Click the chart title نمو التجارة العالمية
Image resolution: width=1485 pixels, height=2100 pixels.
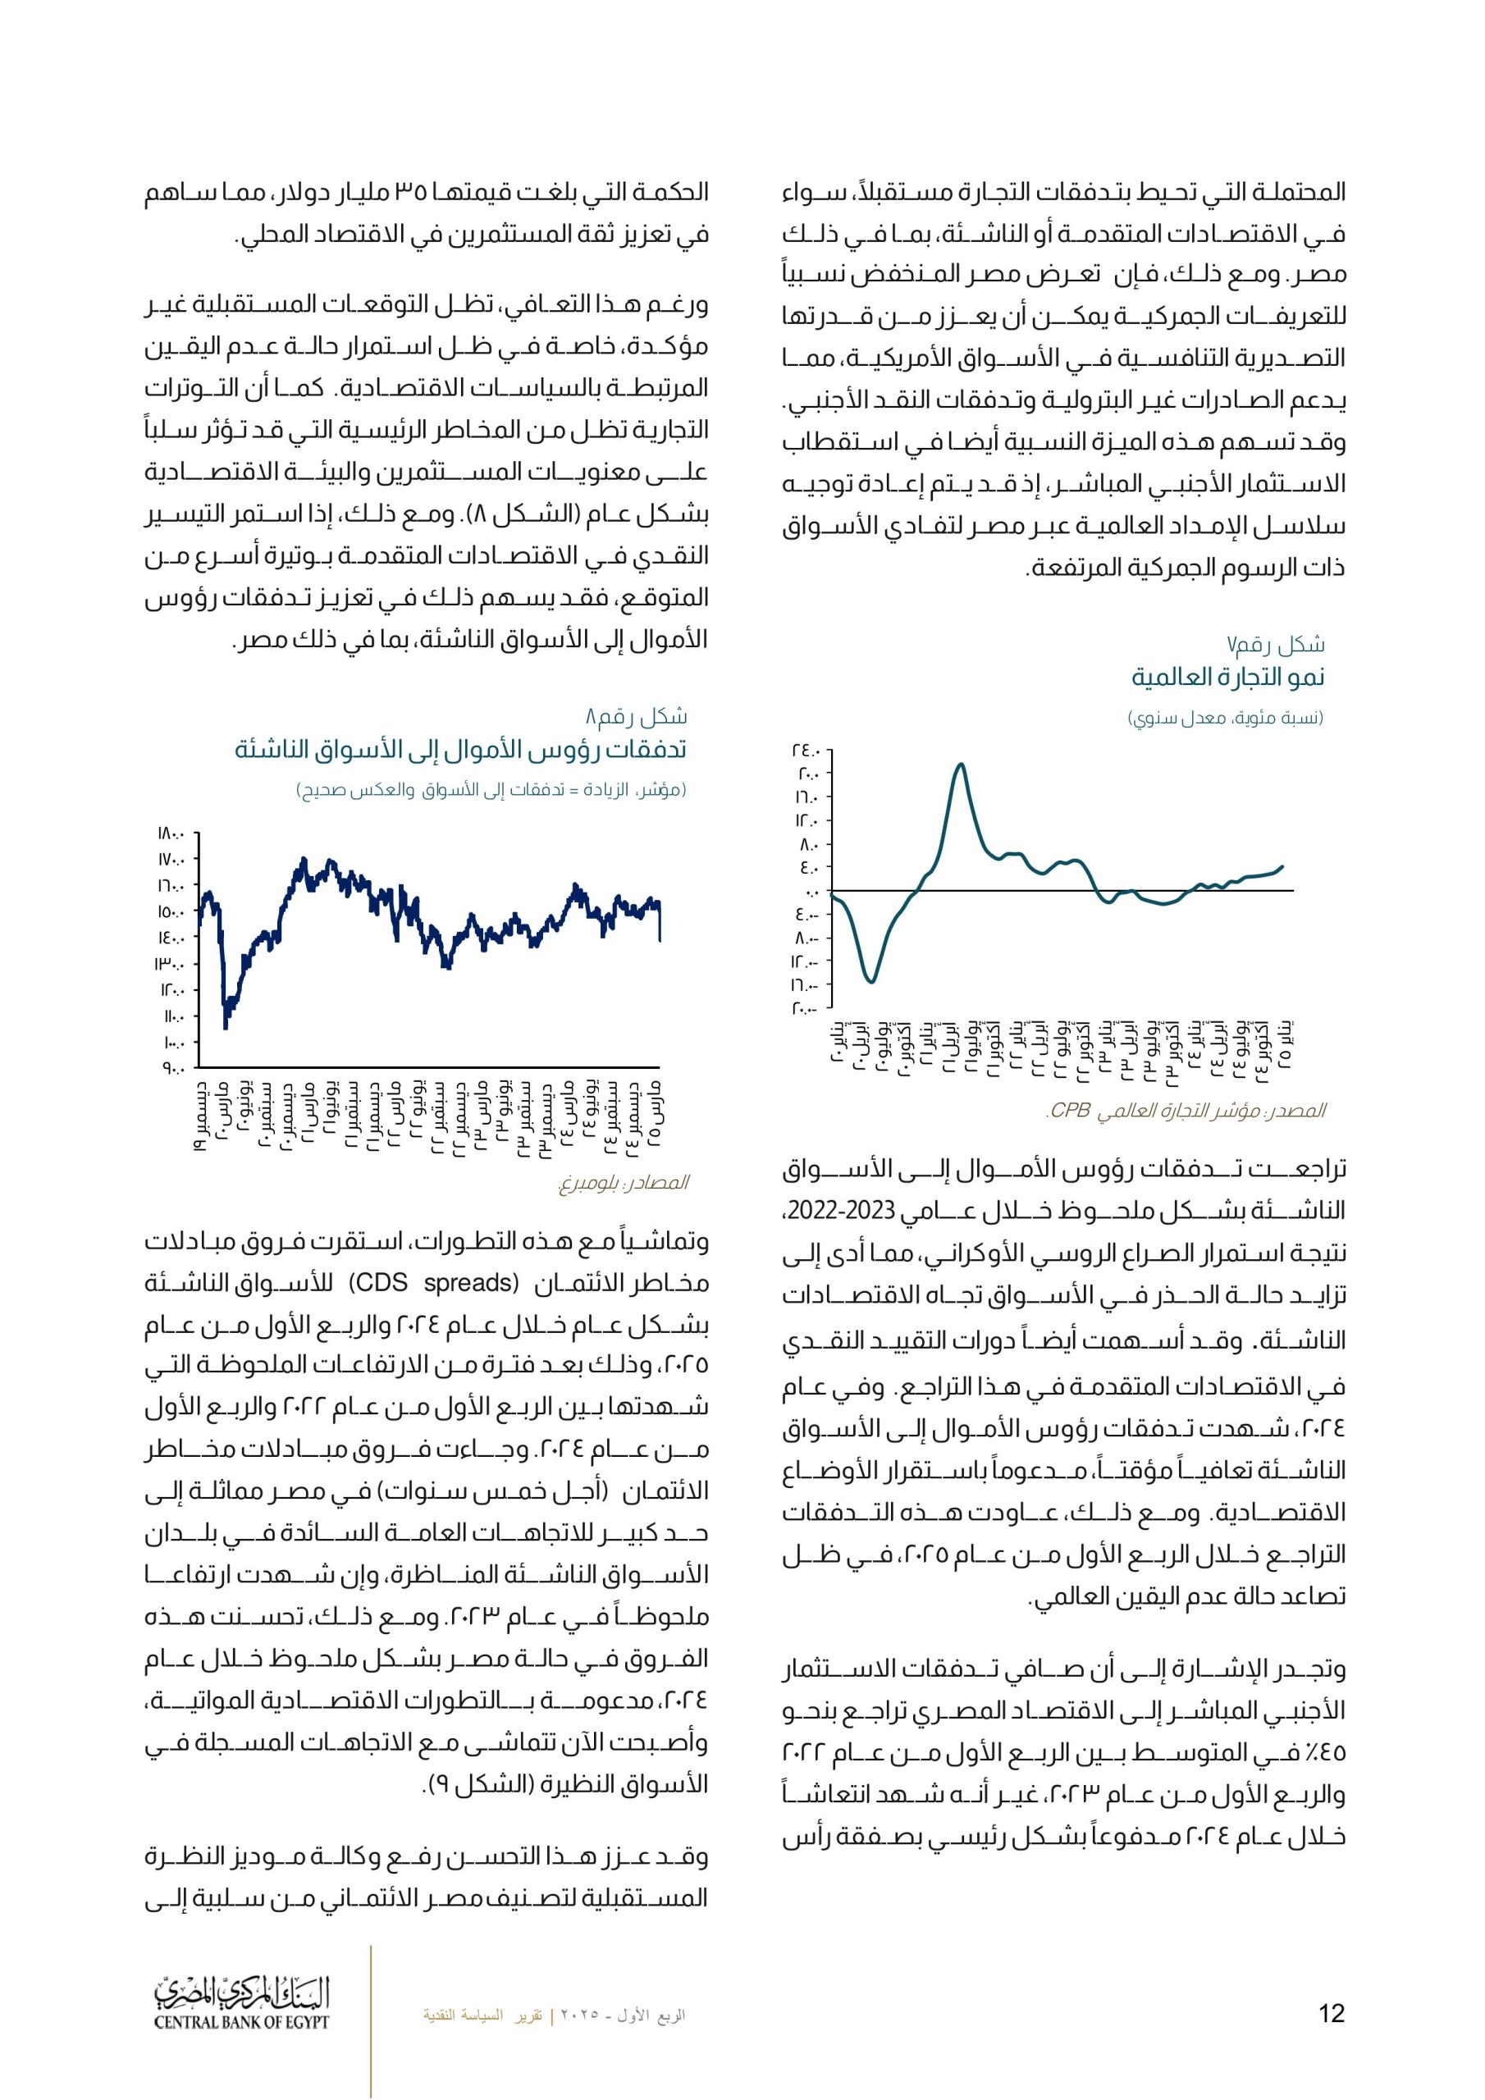(x=1228, y=678)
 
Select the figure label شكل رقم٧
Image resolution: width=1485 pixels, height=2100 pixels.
(x=1276, y=645)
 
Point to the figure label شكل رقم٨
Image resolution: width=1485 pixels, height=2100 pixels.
(x=636, y=716)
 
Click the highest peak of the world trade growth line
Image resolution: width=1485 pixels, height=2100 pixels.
(x=960, y=764)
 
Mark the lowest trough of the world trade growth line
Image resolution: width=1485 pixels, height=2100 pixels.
(x=871, y=982)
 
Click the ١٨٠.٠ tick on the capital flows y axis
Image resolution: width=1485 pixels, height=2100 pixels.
(x=172, y=833)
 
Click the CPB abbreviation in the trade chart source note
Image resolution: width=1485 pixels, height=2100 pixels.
(x=1069, y=1112)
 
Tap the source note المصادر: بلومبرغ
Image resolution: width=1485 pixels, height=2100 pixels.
(x=623, y=1183)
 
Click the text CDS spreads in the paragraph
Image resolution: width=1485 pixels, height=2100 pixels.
(x=434, y=1283)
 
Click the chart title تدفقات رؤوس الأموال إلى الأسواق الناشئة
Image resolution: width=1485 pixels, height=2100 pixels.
(x=460, y=750)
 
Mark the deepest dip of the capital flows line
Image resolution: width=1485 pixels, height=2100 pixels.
(x=226, y=1028)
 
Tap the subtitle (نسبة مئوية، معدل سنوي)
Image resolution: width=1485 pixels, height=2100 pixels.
(x=1225, y=718)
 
